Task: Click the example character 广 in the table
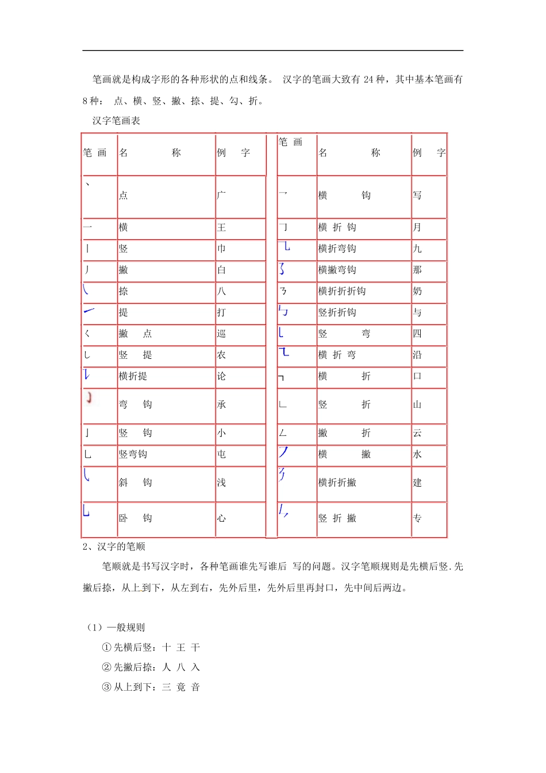tap(221, 196)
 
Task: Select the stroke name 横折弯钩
tap(337, 248)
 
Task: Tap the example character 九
tap(417, 248)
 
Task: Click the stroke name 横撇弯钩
tap(337, 270)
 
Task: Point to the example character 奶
tap(417, 291)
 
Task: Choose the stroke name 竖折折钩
tap(337, 312)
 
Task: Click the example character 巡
tap(221, 334)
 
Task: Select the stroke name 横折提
tap(133, 376)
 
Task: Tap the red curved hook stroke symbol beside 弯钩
tap(89, 397)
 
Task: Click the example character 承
tap(221, 404)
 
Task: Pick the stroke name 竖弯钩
tap(133, 454)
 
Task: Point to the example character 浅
tap(221, 483)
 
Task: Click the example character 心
tap(221, 518)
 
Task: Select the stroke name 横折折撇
tap(337, 483)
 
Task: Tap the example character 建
tap(417, 483)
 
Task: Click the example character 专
tap(417, 518)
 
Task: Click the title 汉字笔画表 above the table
tap(116, 121)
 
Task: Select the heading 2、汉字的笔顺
tap(114, 546)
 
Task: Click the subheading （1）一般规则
tap(115, 627)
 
